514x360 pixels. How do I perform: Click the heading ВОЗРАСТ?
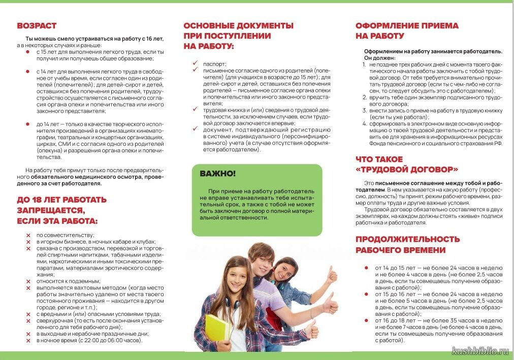pyautogui.click(x=37, y=25)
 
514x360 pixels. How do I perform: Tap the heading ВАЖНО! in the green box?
pyautogui.click(x=217, y=174)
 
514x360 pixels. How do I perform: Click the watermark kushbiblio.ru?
pyautogui.click(x=480, y=351)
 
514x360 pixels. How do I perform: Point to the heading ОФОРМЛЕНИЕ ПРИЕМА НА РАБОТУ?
pyautogui.click(x=406, y=30)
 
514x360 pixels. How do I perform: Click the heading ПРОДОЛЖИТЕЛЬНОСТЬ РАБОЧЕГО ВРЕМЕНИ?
pyautogui.click(x=407, y=244)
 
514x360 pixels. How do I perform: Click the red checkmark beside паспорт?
pyautogui.click(x=195, y=63)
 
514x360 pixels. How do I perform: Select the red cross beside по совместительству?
pyautogui.click(x=28, y=236)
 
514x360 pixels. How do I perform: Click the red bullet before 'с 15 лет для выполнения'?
pyautogui.click(x=28, y=52)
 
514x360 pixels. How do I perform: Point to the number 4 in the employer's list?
pyautogui.click(x=364, y=123)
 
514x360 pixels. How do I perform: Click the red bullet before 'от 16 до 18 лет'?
pyautogui.click(x=366, y=321)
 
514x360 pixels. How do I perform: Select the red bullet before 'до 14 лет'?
pyautogui.click(x=28, y=124)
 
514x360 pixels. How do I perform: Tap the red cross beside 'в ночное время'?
pyautogui.click(x=28, y=340)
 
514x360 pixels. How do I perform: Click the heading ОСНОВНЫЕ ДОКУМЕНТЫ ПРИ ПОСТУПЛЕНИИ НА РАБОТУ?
pyautogui.click(x=238, y=36)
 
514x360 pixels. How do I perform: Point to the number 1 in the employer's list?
pyautogui.click(x=364, y=65)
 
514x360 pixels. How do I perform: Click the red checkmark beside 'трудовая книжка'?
pyautogui.click(x=195, y=109)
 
